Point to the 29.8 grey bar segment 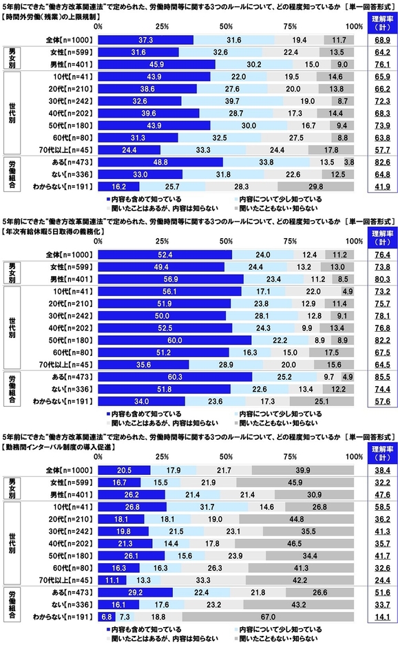tap(315, 186)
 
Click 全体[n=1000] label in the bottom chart tap(72, 469)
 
